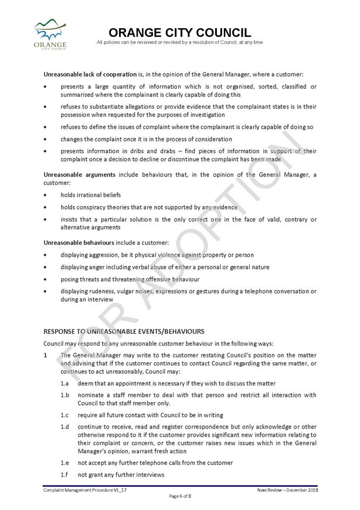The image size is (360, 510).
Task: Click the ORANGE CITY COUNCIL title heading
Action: [180, 32]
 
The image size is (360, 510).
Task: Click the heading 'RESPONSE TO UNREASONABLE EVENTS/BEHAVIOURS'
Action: [124, 332]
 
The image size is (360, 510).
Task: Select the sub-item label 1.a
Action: [64, 383]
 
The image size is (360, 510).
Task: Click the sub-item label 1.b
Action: [64, 395]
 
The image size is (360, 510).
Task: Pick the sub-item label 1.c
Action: [64, 416]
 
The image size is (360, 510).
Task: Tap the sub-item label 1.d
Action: [64, 427]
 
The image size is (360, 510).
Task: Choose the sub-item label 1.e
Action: [64, 462]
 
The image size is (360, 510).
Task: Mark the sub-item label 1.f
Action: [64, 474]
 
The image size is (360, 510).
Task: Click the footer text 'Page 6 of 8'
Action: [180, 497]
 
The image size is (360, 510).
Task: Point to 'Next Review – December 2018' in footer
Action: [286, 489]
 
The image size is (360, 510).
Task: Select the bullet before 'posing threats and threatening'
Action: [46, 279]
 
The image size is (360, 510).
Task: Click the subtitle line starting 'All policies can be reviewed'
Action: [180, 42]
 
